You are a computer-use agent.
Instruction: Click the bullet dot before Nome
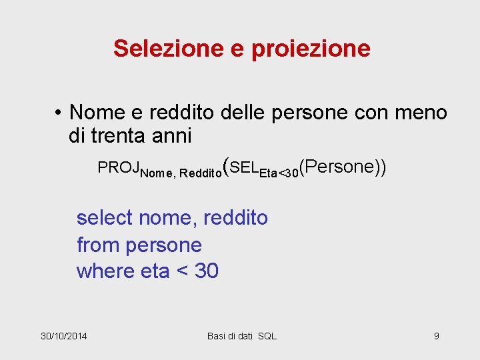click(x=59, y=113)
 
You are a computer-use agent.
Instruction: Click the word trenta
click(x=112, y=136)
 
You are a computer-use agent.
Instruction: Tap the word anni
click(x=169, y=136)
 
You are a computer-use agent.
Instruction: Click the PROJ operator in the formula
click(x=118, y=167)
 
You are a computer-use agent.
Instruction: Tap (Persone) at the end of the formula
click(x=339, y=167)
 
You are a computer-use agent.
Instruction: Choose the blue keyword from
click(x=97, y=245)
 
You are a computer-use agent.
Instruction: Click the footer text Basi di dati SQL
click(x=241, y=335)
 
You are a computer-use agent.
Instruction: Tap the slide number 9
click(x=436, y=335)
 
